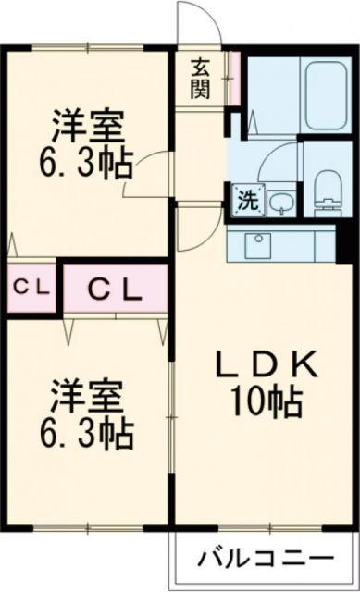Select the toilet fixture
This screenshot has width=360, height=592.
pos(328,187)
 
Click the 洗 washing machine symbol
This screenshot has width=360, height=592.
pos(247,199)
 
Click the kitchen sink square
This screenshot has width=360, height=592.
pos(256,245)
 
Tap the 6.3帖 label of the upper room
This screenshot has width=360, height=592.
pos(87,166)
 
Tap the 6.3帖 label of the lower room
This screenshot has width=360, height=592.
pos(87,431)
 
